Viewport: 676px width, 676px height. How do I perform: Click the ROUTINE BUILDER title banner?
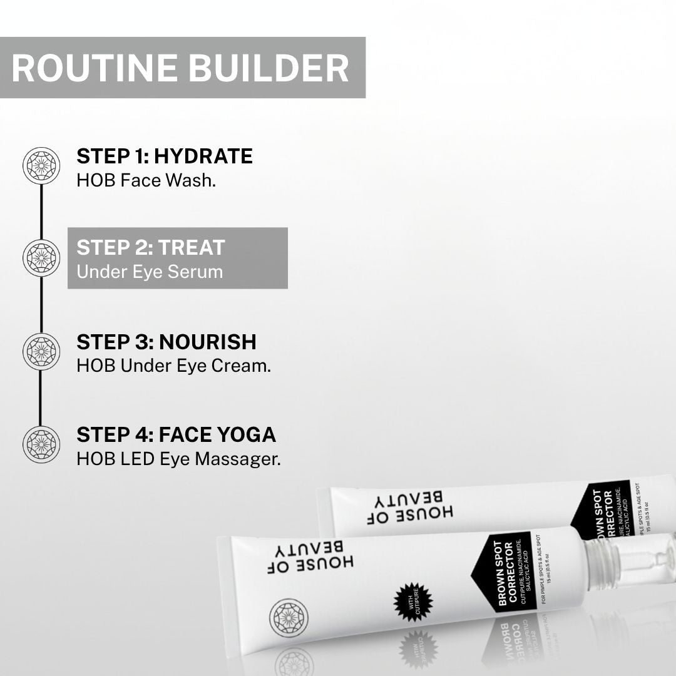pyautogui.click(x=182, y=68)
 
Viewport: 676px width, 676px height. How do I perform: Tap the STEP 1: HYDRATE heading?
pyautogui.click(x=165, y=156)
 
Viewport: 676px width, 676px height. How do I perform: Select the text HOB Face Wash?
pyautogui.click(x=146, y=181)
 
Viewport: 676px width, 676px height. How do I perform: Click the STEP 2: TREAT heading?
pyautogui.click(x=150, y=247)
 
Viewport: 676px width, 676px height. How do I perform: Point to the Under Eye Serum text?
pyautogui.click(x=150, y=272)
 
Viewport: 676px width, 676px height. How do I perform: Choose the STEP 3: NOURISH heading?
pyautogui.click(x=166, y=342)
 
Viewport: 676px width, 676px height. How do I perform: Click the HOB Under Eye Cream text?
pyautogui.click(x=173, y=366)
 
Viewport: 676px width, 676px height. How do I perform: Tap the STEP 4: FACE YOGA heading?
pyautogui.click(x=176, y=434)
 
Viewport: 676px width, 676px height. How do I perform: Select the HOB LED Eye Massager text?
pyautogui.click(x=178, y=459)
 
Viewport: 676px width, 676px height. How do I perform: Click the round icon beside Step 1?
pyautogui.click(x=41, y=166)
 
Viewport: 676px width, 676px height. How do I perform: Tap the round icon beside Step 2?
pyautogui.click(x=41, y=258)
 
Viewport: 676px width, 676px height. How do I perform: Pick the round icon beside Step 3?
pyautogui.click(x=41, y=351)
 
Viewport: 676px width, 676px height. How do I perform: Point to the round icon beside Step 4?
pyautogui.click(x=41, y=444)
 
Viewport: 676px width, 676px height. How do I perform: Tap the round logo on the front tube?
pyautogui.click(x=289, y=618)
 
